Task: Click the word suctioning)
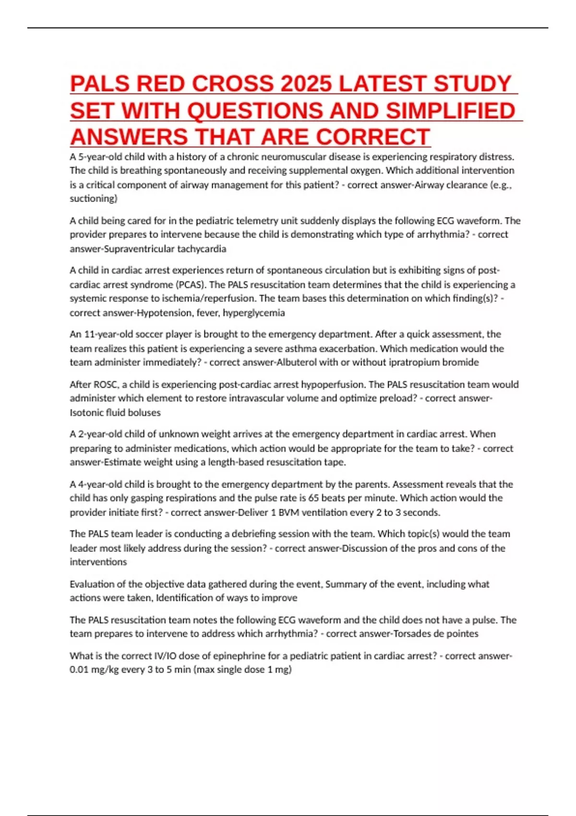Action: point(93,198)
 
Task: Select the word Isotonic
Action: point(86,412)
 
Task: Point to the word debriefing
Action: point(232,534)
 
